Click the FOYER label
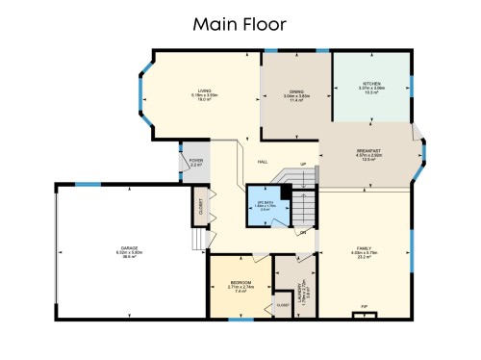point(195,162)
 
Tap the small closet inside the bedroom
point(283,304)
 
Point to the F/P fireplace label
point(365,307)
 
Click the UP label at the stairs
point(303,165)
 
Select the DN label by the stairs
point(303,232)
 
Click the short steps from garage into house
point(199,236)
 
